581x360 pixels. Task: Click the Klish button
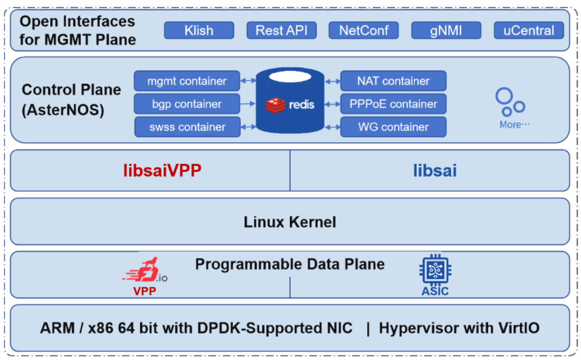click(x=198, y=30)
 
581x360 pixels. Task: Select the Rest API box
click(x=282, y=30)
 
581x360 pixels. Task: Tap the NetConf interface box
click(x=364, y=30)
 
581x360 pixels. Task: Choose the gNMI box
click(x=446, y=30)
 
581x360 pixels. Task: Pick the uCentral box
click(x=528, y=30)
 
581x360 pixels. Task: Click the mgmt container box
click(x=187, y=81)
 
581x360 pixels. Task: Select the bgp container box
click(x=187, y=104)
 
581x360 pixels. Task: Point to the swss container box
click(x=187, y=127)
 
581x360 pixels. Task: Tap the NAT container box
click(x=393, y=81)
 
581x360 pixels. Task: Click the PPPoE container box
click(x=393, y=104)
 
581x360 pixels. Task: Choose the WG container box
click(x=393, y=127)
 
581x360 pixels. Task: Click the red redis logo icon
click(x=275, y=104)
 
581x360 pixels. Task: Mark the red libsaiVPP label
click(x=162, y=171)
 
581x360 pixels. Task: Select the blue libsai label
click(x=435, y=171)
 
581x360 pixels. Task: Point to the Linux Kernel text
click(x=290, y=222)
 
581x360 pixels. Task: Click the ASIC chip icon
click(x=435, y=270)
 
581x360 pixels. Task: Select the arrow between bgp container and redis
click(x=248, y=104)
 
